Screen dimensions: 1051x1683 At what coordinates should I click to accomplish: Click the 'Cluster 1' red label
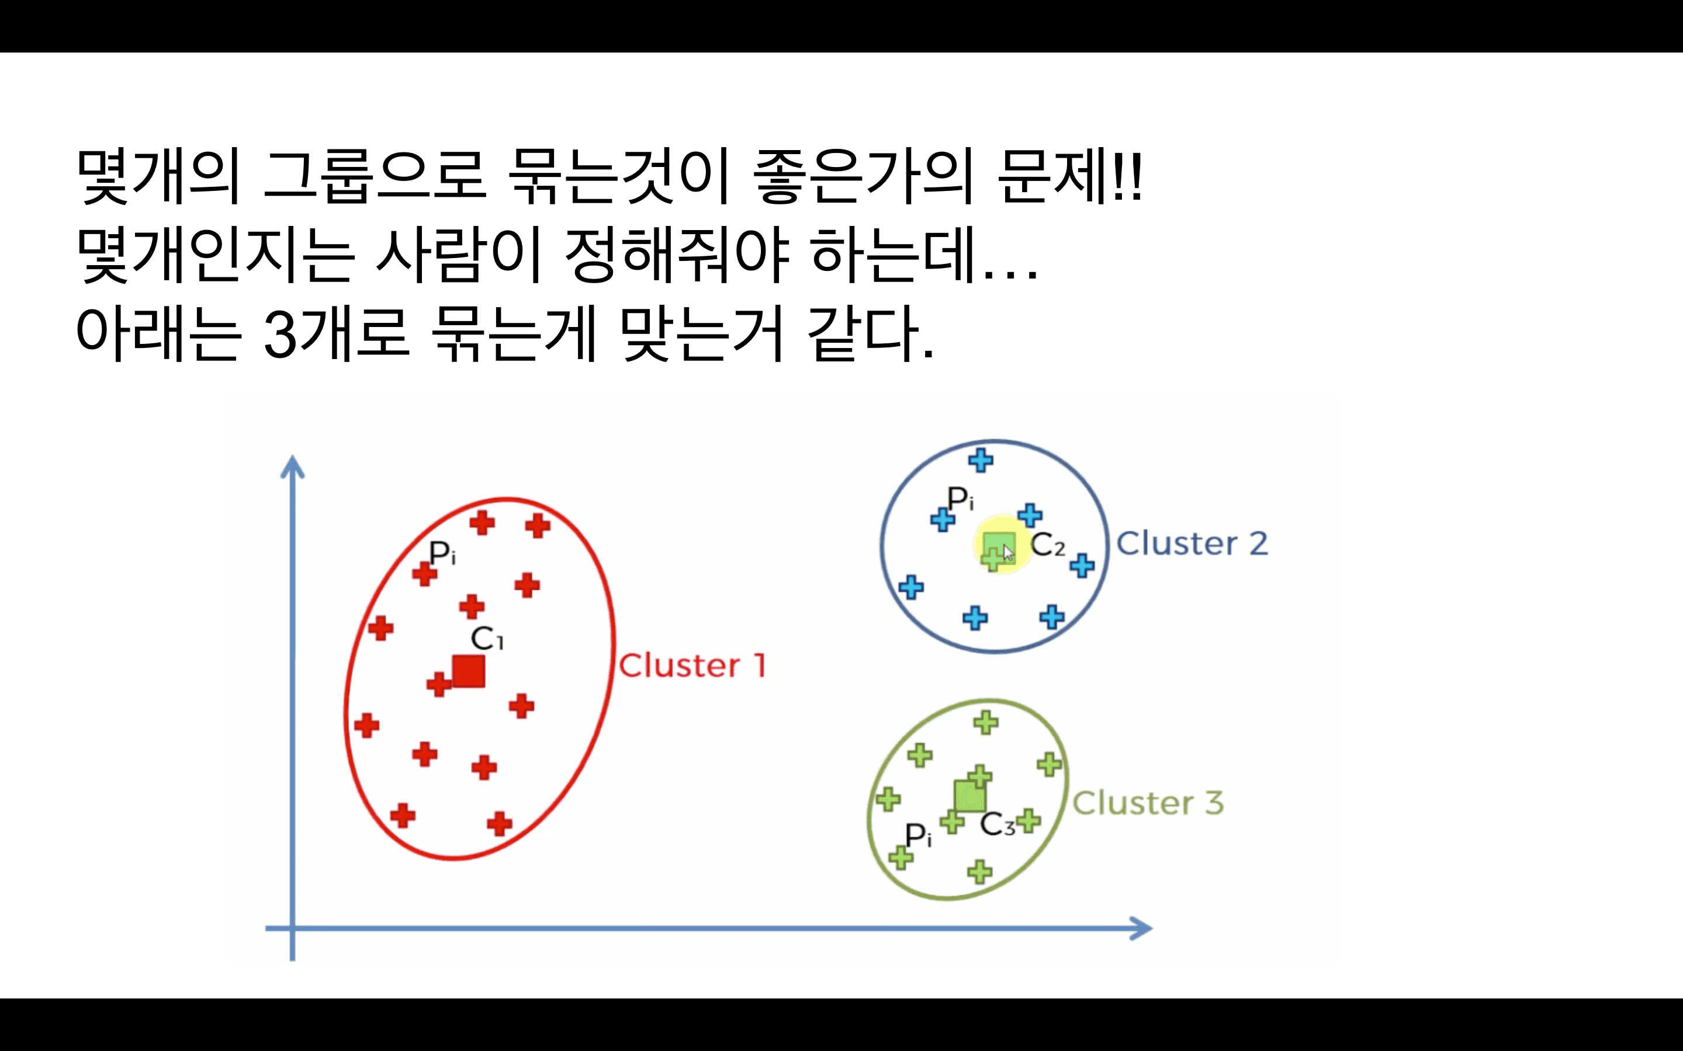tap(692, 665)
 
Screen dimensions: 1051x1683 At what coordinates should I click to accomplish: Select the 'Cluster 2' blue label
tap(1192, 543)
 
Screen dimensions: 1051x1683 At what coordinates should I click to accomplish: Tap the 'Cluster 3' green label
tap(1148, 803)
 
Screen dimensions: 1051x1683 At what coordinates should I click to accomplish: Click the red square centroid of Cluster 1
tap(468, 671)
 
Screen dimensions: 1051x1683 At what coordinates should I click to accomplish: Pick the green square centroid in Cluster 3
tap(969, 796)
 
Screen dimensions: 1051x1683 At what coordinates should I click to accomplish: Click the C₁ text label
tap(486, 638)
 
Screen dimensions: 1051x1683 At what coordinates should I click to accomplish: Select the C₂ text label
tap(1047, 545)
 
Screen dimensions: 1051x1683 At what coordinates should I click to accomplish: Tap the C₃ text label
tap(996, 824)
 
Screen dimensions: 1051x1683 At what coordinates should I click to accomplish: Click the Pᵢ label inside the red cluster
tap(442, 554)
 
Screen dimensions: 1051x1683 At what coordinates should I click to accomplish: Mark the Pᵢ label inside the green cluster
tap(917, 834)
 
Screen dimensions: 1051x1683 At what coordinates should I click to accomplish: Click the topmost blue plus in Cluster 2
tap(981, 460)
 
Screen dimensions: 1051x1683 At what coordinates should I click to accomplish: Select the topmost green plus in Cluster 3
tap(985, 722)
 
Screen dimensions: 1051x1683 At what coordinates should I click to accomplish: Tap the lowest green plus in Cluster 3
tap(979, 871)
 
